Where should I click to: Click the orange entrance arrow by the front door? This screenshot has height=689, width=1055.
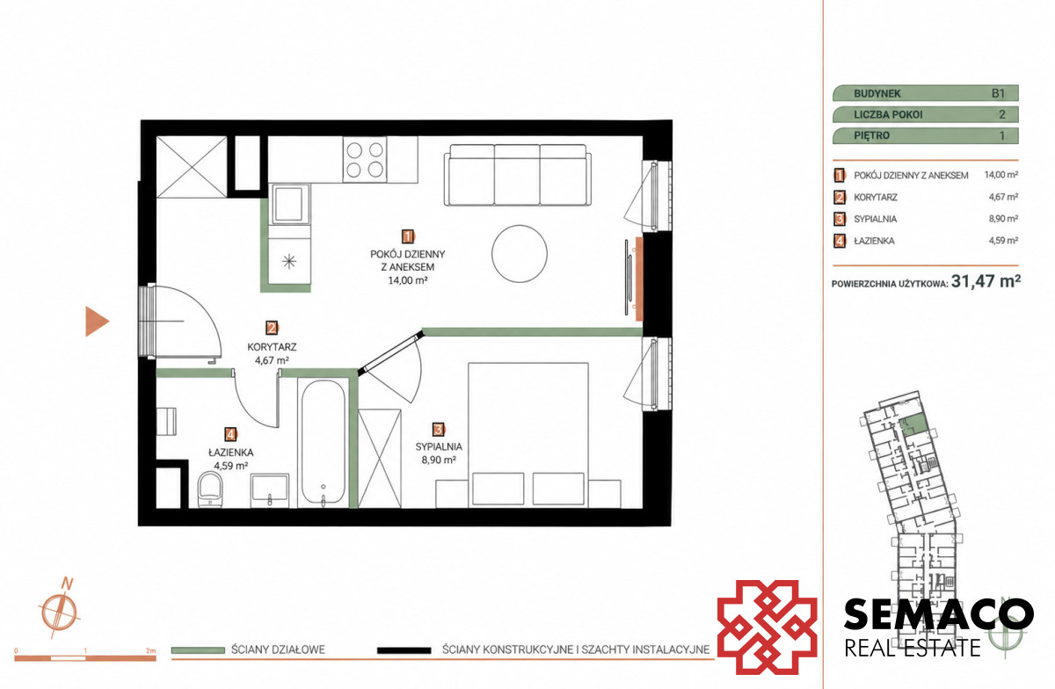coord(96,321)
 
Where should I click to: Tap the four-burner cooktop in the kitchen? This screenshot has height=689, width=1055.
coord(365,160)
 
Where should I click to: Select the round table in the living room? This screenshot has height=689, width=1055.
coord(520,253)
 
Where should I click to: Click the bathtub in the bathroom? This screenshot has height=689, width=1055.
coord(324,444)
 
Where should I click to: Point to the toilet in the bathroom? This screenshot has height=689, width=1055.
coord(210,490)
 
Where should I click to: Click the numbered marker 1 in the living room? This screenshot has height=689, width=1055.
coord(407,236)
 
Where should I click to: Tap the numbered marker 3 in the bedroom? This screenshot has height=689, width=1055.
coord(438,430)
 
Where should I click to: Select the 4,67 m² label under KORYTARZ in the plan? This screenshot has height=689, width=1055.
coord(272,360)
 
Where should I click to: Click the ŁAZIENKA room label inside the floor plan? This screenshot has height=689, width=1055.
coord(230,453)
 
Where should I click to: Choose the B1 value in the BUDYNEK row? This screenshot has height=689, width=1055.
coord(998,93)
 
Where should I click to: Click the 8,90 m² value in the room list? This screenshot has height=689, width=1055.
coord(1003,219)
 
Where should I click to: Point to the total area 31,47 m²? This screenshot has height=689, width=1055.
coord(986,281)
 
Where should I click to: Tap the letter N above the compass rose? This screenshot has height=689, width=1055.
coord(68,584)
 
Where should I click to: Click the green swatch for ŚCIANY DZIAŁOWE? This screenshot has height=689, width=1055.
coord(198,650)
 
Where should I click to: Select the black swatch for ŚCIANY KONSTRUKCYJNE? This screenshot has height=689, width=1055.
coord(404,650)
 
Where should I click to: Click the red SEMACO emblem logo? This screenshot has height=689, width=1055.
coord(768,627)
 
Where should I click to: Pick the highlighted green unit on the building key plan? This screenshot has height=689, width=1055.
coord(913,425)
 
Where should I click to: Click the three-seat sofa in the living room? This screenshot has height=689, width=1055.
coord(518,175)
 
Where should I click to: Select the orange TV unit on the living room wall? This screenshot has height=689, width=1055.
coord(639,279)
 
